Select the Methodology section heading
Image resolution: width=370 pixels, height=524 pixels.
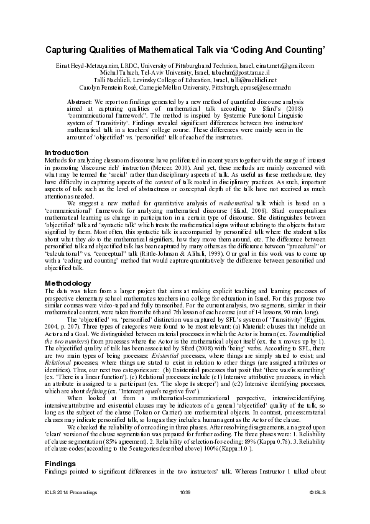(x=68, y=283)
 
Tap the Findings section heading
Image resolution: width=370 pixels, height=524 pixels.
(x=61, y=464)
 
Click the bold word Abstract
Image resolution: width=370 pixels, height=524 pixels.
(x=79, y=101)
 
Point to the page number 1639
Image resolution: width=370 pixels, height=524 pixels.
(x=184, y=510)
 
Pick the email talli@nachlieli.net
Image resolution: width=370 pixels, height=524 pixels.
(x=249, y=79)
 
